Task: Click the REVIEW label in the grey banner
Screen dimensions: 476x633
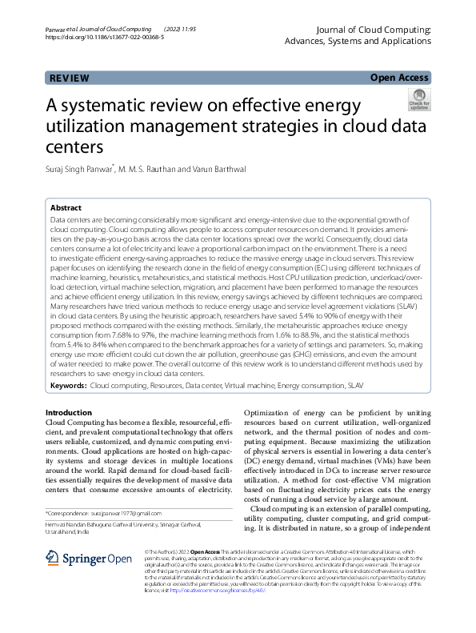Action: (x=69, y=78)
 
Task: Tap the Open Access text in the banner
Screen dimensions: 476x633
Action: (x=399, y=78)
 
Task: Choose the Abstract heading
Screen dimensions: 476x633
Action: (x=66, y=206)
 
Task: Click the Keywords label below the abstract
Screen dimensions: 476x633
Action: (x=69, y=385)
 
